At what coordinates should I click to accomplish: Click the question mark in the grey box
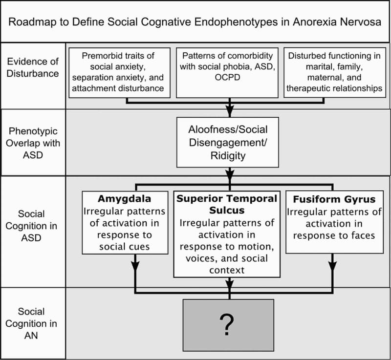click(228, 323)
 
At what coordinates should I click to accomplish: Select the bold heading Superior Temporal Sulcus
click(227, 204)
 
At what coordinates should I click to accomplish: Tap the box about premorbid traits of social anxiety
click(120, 72)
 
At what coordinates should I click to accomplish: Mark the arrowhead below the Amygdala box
click(134, 268)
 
